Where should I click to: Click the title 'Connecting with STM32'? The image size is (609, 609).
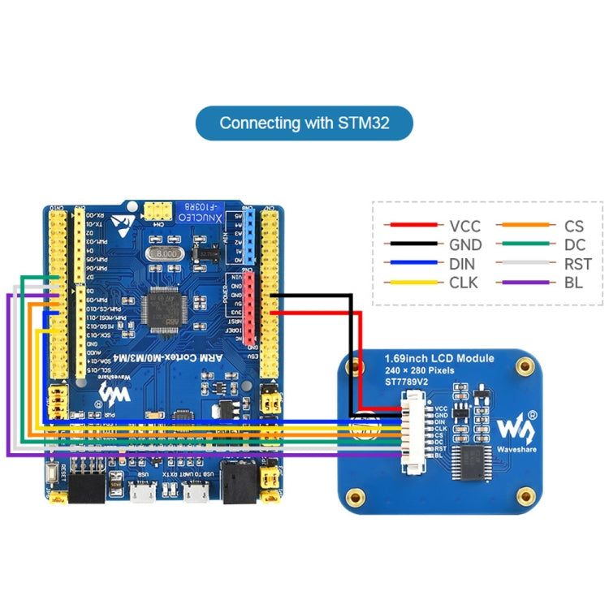304,123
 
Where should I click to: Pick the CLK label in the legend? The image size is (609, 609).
464,283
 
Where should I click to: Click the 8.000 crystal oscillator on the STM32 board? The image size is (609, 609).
164,255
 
